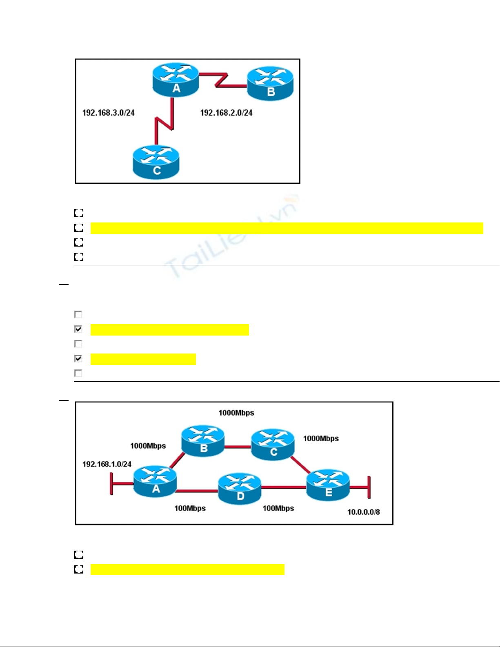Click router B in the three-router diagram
click(x=270, y=84)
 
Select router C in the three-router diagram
click(x=156, y=162)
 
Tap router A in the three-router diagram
click(x=176, y=80)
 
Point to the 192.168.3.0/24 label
click(x=108, y=113)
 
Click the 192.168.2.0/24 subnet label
click(x=226, y=113)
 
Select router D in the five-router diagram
click(x=240, y=489)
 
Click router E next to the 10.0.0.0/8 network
click(x=328, y=485)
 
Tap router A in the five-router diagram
click(x=155, y=482)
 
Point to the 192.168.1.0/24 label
click(x=107, y=464)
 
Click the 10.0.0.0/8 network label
click(x=363, y=512)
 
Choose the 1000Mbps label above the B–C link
click(x=236, y=413)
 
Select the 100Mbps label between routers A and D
click(x=190, y=509)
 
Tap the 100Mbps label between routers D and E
click(x=278, y=509)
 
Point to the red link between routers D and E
click(x=283, y=487)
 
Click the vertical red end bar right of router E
click(x=369, y=487)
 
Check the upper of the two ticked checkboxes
click(x=78, y=329)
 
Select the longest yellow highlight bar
click(x=287, y=228)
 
